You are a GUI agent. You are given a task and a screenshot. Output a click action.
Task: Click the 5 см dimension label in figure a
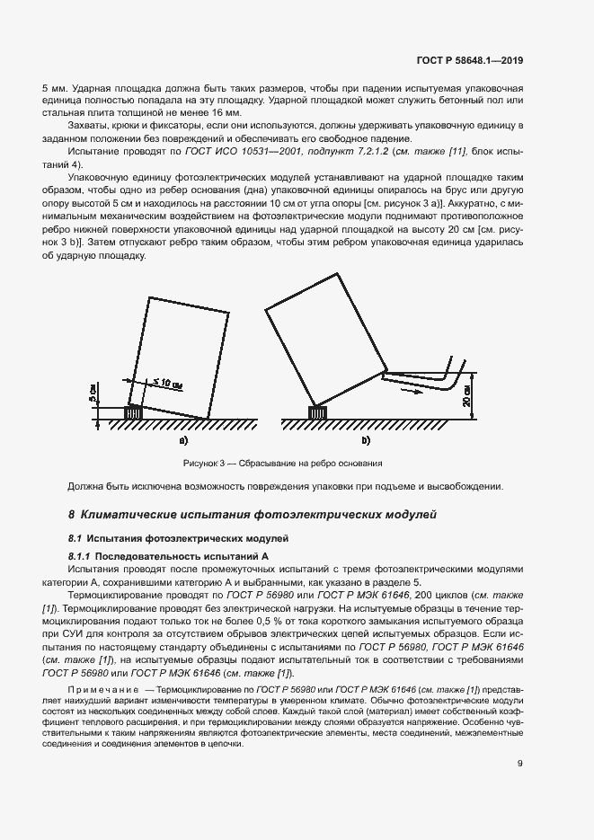point(93,393)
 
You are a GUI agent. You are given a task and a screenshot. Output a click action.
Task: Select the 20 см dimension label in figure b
point(466,392)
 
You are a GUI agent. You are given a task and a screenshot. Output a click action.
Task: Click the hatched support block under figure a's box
point(133,412)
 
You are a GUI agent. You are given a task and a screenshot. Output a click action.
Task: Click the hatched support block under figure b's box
point(316,412)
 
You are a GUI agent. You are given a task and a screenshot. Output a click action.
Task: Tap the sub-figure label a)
point(182,442)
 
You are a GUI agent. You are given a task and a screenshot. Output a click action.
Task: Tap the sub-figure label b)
point(366,442)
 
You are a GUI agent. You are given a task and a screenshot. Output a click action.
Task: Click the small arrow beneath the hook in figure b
point(410,392)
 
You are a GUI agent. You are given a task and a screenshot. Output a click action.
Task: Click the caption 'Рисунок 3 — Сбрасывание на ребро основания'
point(283,464)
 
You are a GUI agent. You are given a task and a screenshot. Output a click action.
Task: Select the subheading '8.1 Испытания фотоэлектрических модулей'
point(179,537)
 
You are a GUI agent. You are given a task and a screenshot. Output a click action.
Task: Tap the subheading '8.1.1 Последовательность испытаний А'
point(169,557)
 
